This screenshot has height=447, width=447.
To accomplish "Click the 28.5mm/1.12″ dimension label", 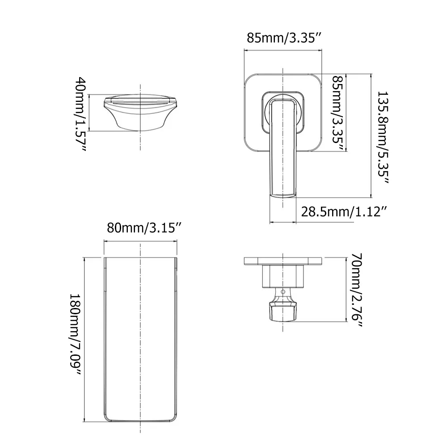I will coord(343,211).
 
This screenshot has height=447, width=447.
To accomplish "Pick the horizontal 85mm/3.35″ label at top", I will coord(285,38).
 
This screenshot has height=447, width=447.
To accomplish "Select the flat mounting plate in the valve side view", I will coord(283,261).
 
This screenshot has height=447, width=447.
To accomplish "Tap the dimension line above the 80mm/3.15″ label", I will coord(141,241).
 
